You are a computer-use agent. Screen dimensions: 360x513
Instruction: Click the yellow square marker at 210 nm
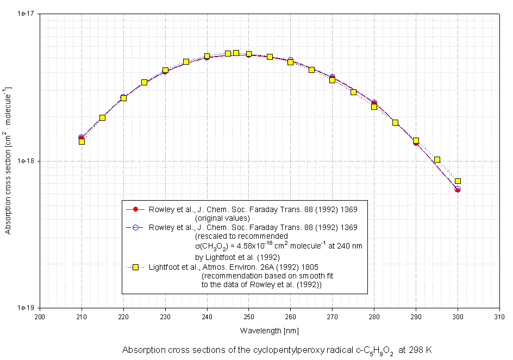click(82, 141)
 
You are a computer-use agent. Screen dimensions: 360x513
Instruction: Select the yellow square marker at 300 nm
click(458, 181)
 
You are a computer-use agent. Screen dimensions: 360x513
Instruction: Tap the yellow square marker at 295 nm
click(437, 159)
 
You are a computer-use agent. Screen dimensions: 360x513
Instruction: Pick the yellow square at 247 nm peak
click(236, 53)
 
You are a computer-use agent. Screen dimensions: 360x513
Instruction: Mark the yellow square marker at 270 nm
click(332, 80)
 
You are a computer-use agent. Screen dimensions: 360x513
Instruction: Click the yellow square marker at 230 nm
click(165, 70)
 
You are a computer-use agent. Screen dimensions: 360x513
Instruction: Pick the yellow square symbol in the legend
click(136, 267)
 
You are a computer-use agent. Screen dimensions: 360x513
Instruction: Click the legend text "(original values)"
click(222, 218)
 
